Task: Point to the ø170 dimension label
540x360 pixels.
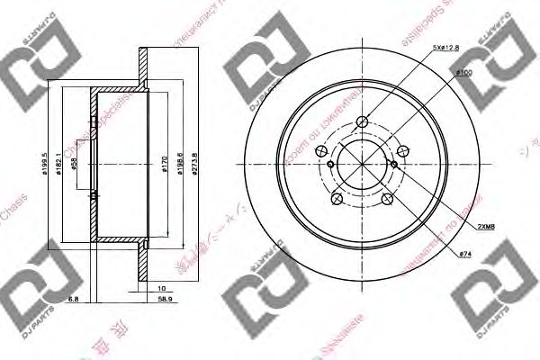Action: [x=163, y=166]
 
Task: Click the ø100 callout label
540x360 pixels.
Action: [x=464, y=71]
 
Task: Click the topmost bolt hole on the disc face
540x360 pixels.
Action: [x=363, y=123]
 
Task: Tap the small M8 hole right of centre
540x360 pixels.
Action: [x=395, y=164]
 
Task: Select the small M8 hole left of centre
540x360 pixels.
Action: [x=330, y=165]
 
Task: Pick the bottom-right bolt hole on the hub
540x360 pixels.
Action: [x=387, y=200]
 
